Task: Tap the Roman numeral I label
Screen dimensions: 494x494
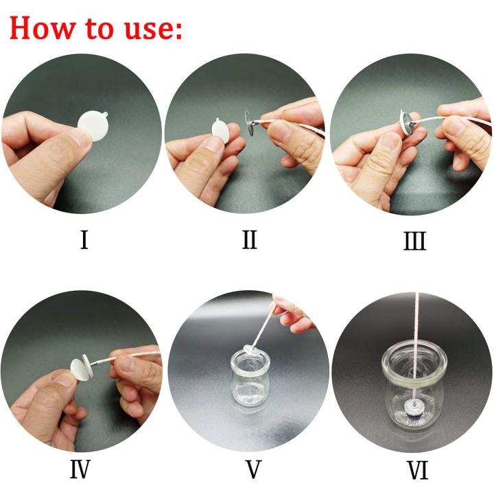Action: pos(84,241)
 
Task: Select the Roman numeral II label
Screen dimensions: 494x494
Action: pos(248,241)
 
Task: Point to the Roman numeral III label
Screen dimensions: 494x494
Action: pos(414,242)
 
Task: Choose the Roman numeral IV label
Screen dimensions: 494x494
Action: pos(84,469)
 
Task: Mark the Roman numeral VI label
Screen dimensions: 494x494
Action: pos(414,469)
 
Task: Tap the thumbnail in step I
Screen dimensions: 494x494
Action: pos(79,139)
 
